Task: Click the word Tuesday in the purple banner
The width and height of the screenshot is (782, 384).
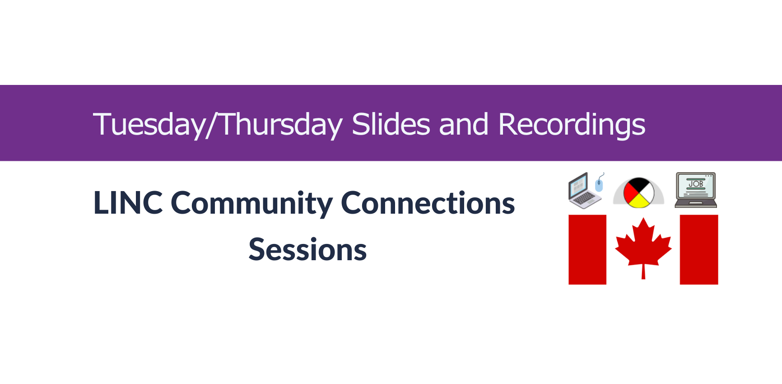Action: pos(150,125)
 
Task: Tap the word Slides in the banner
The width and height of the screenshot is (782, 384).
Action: pos(391,124)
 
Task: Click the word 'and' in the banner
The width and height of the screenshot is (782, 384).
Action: pos(464,125)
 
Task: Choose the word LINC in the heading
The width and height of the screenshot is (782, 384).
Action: pos(128,203)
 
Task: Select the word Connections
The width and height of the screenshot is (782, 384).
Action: pos(428,203)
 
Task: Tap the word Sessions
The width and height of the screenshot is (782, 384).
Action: pos(308,250)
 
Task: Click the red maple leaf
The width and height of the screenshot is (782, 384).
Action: pos(643,244)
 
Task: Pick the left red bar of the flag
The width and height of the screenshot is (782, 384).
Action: pos(587,249)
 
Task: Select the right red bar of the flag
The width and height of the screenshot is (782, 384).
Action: pos(699,249)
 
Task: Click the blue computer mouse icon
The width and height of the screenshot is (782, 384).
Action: pos(599,185)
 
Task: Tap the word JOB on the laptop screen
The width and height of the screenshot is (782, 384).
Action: pos(696,184)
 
